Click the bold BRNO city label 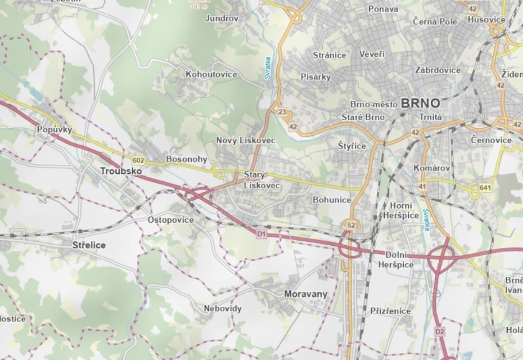point(419,103)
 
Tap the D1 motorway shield point(261,234)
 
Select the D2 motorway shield point(440,332)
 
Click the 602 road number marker point(139,160)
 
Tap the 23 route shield point(282,112)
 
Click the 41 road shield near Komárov point(422,186)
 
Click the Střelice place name point(89,245)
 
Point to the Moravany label point(306,294)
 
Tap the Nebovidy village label point(223,309)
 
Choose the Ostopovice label point(171,220)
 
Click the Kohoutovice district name point(211,74)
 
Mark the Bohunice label point(332,200)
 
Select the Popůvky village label point(54,130)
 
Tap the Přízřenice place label point(390,311)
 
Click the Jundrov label point(221,18)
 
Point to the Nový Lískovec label point(246,140)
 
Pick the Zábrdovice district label point(438,70)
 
